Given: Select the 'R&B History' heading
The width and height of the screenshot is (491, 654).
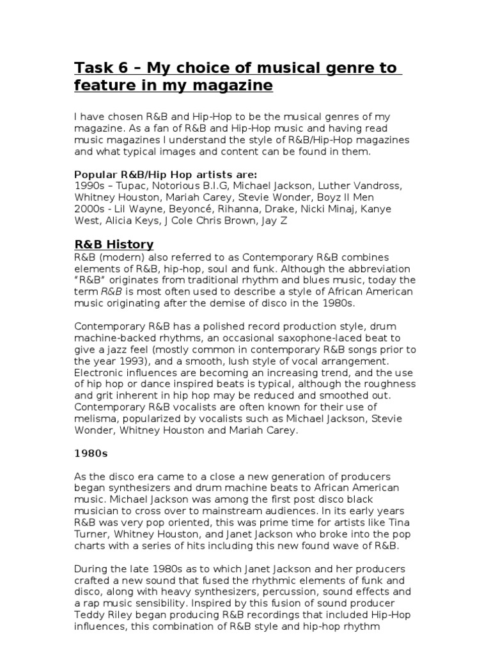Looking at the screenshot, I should [x=114, y=244].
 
